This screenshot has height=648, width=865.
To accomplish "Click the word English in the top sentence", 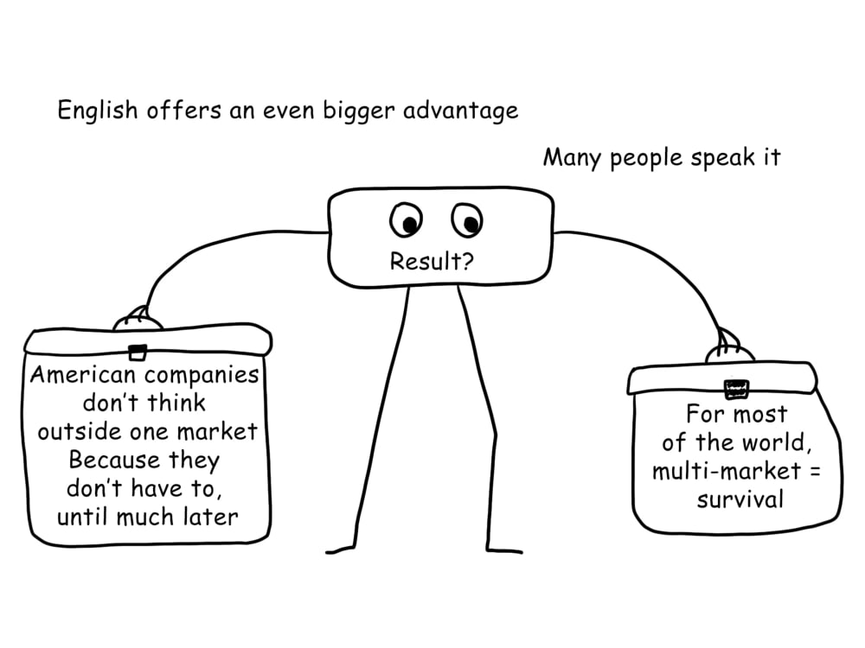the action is [x=98, y=111].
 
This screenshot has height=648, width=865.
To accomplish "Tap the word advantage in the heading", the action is [x=461, y=111].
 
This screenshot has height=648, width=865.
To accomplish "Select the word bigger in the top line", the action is [x=359, y=111].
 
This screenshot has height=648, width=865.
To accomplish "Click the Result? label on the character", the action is [x=432, y=261].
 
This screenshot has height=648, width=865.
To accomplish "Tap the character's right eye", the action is [x=467, y=220].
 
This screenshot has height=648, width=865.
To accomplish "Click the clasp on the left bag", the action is [x=138, y=353].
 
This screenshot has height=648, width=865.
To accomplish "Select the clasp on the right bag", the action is [x=736, y=389].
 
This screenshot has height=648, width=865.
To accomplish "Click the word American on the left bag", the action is [x=83, y=375].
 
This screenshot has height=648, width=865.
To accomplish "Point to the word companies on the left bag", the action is [x=202, y=376].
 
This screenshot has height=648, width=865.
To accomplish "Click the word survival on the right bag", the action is [x=740, y=499].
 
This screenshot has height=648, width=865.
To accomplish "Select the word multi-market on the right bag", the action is [x=726, y=471].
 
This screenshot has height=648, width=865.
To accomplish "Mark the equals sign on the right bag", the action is [x=815, y=472].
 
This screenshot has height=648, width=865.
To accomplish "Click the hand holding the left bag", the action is [x=138, y=320].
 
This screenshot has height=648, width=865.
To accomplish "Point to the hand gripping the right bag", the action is [x=729, y=347].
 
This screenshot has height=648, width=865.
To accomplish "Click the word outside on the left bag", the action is [x=79, y=431].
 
